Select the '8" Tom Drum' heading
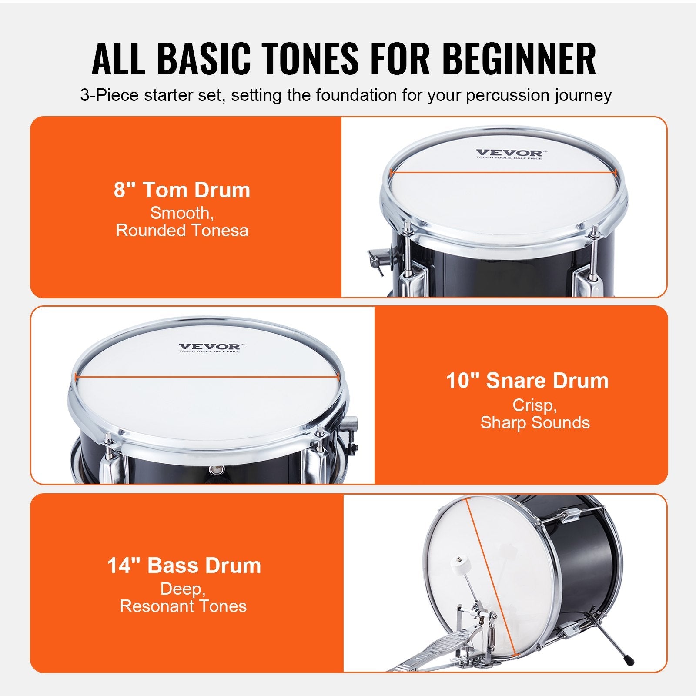[x=182, y=190]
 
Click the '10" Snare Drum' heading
[x=527, y=381]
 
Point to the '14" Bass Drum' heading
[x=184, y=565]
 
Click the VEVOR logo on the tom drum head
[x=509, y=153]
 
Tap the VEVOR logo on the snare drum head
[x=209, y=347]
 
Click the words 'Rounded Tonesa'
[x=182, y=231]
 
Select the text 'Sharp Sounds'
[x=535, y=422]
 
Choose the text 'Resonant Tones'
[x=183, y=606]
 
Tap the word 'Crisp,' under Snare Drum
[x=535, y=405]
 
